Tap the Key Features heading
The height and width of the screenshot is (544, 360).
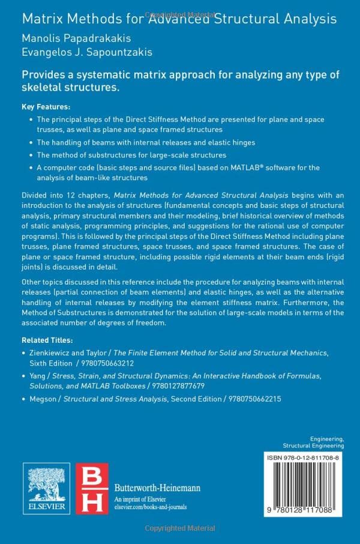(45, 106)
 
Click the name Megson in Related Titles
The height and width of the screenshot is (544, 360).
(43, 398)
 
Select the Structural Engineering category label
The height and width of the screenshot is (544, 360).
(313, 446)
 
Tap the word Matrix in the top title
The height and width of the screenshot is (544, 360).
(41, 18)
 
